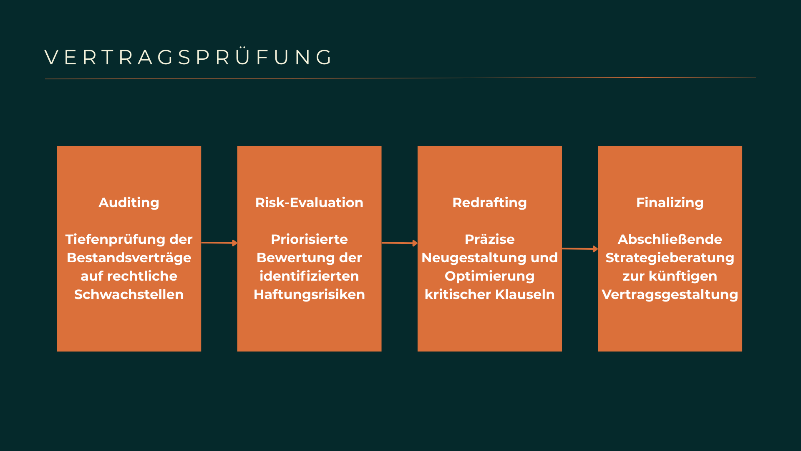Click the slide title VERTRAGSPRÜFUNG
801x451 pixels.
189,57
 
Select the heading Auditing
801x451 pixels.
129,203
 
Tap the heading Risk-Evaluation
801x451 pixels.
309,203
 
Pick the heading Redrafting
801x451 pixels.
489,203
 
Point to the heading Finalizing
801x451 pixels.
670,203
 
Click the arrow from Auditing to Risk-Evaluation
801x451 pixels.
219,243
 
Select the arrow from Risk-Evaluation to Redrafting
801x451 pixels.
399,243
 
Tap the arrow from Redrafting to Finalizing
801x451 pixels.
579,249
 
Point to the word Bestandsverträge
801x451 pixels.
129,258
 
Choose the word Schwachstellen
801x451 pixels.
129,294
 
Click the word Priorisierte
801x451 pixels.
309,239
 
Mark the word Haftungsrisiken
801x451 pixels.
309,294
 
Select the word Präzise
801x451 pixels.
489,239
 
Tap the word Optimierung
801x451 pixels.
489,276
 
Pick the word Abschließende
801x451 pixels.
670,239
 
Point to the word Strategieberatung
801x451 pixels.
670,258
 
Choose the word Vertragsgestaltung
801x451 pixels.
670,294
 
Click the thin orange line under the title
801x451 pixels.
400,78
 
